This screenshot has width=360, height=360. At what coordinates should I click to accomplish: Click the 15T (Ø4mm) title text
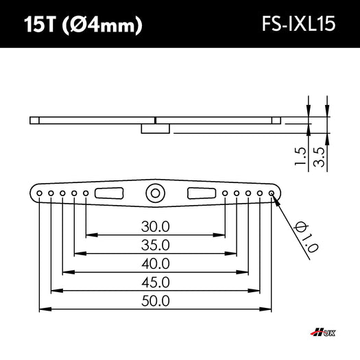click(83, 25)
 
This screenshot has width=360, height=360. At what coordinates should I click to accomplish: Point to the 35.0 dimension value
click(156, 245)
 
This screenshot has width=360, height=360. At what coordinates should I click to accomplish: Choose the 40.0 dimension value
click(156, 263)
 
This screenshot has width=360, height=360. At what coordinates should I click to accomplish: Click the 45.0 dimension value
click(156, 282)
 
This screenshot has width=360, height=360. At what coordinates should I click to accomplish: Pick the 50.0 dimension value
click(156, 300)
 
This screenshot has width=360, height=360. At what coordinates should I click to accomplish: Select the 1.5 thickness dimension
click(300, 156)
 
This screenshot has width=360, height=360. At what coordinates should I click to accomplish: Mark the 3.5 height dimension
click(319, 156)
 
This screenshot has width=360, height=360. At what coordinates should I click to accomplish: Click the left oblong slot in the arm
click(109, 193)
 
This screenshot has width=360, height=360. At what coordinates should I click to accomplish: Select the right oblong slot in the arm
click(202, 193)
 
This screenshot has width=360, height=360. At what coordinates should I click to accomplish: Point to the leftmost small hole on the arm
click(40, 194)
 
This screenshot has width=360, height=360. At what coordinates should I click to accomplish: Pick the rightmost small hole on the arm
click(272, 194)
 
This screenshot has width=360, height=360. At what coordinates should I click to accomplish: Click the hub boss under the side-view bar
click(155, 128)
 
